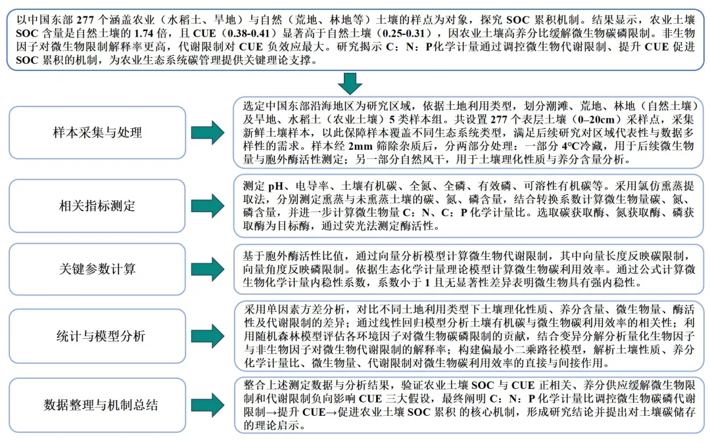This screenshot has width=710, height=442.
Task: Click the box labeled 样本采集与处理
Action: point(97,133)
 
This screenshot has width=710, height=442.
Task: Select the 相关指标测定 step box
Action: point(97,206)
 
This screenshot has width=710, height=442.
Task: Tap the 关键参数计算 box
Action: point(97,269)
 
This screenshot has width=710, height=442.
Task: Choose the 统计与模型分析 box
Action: point(97,336)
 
